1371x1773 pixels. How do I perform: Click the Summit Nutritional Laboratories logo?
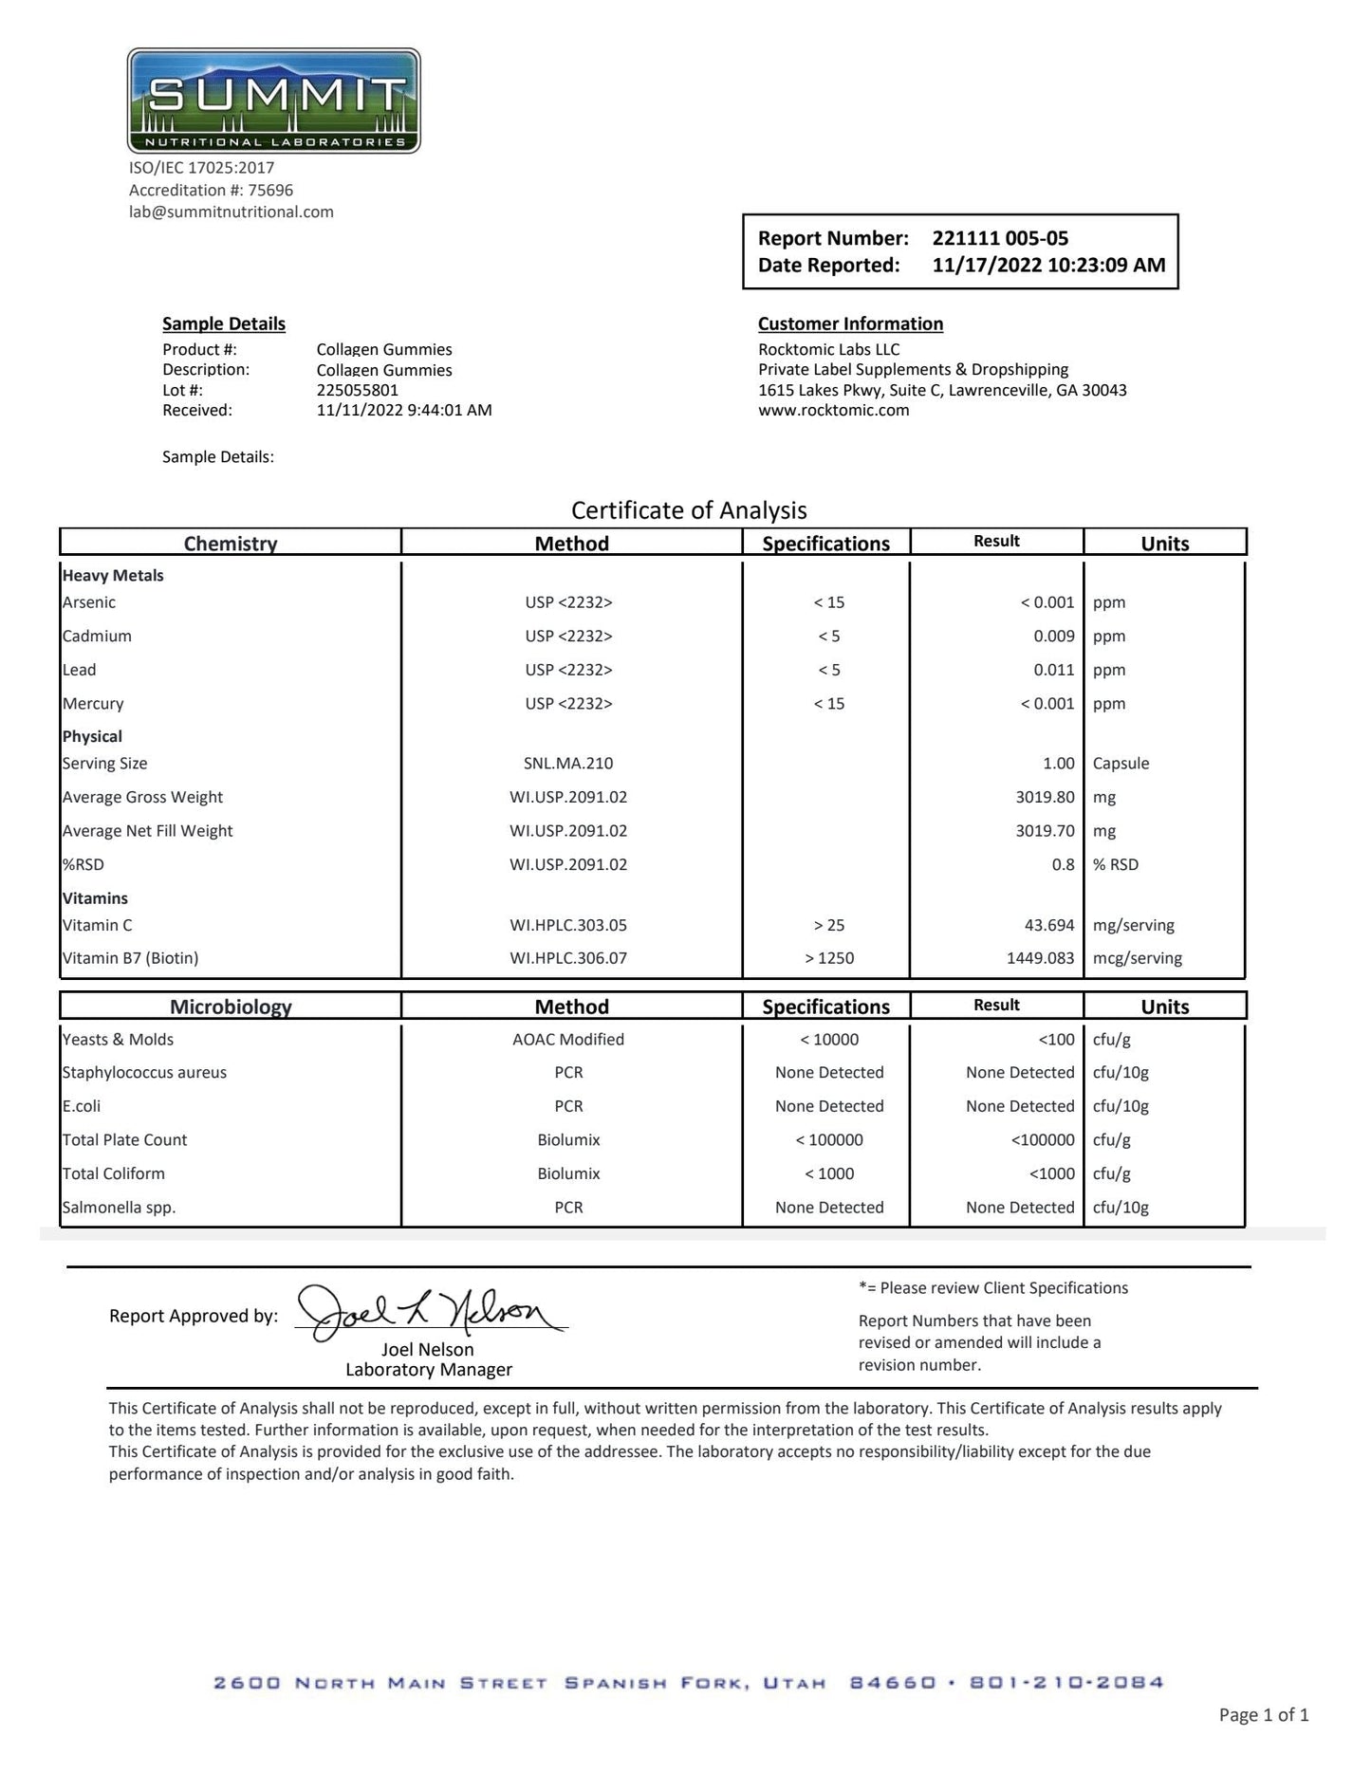point(273,101)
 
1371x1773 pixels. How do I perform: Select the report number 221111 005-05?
point(1000,238)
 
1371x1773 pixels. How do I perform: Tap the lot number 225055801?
point(358,390)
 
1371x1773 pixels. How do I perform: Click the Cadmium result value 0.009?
point(1054,636)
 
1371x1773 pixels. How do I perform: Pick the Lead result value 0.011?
point(1054,670)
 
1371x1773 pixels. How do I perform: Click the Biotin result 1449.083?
point(1040,958)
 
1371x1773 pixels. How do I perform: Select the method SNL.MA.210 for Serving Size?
point(568,764)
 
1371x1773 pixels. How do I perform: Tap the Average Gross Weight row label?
point(142,797)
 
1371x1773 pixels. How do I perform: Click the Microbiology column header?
point(231,1007)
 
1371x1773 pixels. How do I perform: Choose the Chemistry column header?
point(231,544)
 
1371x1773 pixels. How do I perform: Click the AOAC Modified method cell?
point(568,1040)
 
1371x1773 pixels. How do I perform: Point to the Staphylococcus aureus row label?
point(144,1073)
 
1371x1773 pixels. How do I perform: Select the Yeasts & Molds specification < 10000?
point(829,1040)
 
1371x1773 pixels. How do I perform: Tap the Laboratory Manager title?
point(429,1370)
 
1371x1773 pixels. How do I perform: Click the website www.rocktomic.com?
point(833,411)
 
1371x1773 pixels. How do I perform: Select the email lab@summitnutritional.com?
point(232,212)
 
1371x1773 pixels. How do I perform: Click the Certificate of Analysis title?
point(689,510)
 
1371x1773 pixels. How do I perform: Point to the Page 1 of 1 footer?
point(1264,1714)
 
